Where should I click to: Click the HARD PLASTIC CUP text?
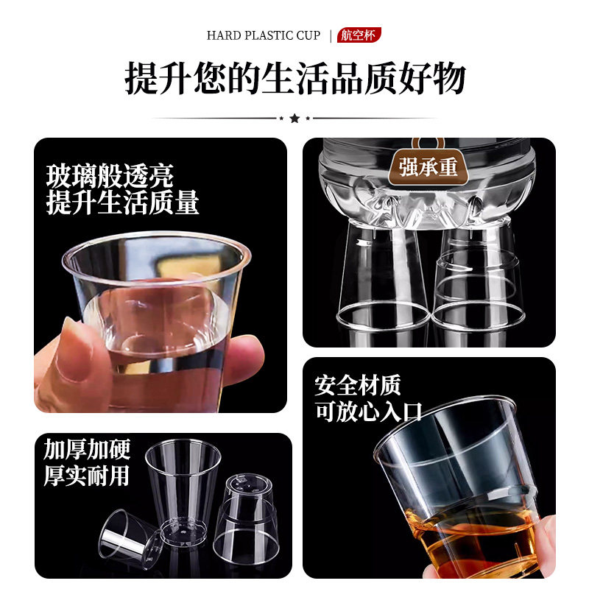(264, 35)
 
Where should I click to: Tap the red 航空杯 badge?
(359, 35)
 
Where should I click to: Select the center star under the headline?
(294, 118)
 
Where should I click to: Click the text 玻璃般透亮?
(110, 176)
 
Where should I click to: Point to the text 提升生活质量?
(122, 202)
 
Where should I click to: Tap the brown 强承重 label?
(428, 166)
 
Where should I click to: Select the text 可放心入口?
(368, 412)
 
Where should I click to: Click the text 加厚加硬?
(86, 449)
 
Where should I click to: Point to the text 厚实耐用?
(86, 476)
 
